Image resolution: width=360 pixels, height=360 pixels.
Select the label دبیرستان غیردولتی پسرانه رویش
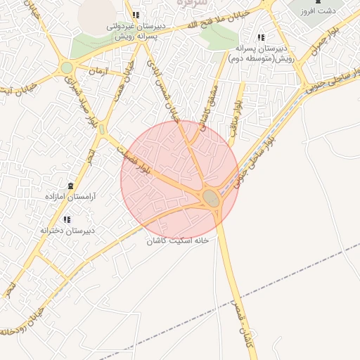pos(136,31)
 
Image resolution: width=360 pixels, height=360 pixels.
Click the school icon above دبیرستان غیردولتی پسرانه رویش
pos(136,15)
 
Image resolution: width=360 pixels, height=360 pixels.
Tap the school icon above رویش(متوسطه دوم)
pos(261,37)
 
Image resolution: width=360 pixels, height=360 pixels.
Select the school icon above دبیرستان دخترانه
pos(67,219)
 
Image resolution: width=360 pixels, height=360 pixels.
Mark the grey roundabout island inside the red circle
pos(212,198)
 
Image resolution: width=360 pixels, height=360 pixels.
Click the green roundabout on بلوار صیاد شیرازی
pos(67,67)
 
